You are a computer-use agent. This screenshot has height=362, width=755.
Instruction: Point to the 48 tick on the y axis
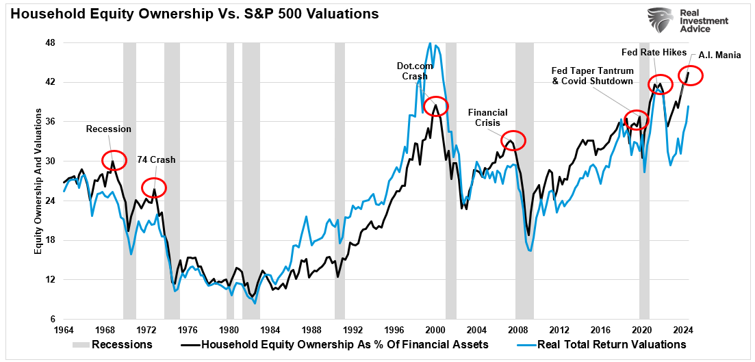[x=50, y=42]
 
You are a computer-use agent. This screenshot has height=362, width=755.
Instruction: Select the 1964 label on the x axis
[x=63, y=328]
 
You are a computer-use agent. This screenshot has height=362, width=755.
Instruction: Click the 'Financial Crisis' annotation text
[x=488, y=117]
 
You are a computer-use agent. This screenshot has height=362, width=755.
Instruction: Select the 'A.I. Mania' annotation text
[x=719, y=55]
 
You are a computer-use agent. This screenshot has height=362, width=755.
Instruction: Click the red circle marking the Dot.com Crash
[x=436, y=106]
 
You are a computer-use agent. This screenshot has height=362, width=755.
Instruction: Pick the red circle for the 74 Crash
[x=154, y=187]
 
